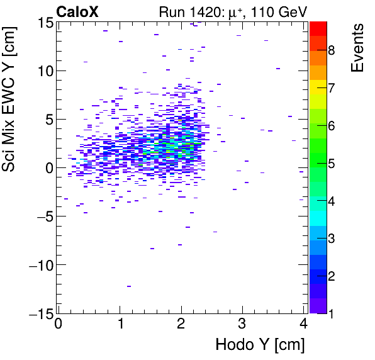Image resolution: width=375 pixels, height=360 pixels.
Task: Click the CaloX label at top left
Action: point(76,11)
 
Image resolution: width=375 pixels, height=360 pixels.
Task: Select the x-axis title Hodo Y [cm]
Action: point(260,345)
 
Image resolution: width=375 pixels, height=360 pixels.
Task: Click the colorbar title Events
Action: point(358,48)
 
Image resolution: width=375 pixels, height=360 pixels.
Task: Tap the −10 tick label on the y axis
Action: point(38,265)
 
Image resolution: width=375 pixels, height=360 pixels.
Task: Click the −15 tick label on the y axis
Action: point(38,313)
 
